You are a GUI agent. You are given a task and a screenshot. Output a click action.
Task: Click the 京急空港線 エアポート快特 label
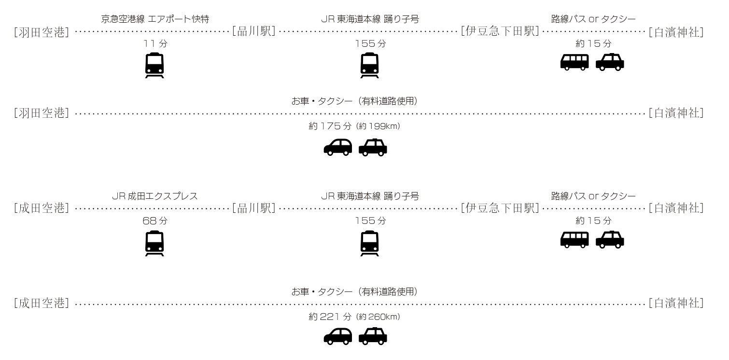point(155,19)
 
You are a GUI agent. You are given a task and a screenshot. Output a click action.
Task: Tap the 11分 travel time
point(155,43)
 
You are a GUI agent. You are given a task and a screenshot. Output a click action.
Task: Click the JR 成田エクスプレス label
point(154,196)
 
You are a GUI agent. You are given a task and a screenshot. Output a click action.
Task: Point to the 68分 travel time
point(155,221)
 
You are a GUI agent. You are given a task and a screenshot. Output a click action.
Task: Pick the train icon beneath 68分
point(154,244)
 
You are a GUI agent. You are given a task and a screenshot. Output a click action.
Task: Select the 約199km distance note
point(378,126)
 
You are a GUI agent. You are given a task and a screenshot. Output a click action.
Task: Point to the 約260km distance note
point(378,317)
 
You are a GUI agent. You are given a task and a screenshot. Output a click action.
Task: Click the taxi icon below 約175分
point(373,148)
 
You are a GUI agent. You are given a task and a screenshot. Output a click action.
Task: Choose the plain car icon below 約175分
point(337,148)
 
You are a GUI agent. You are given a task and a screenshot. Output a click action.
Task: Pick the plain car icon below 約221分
point(337,337)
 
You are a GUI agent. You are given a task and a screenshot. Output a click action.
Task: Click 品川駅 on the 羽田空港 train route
point(253,32)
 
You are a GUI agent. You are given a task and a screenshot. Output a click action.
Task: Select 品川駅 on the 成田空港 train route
point(253,208)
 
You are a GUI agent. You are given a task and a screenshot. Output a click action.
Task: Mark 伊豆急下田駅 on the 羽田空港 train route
point(500,32)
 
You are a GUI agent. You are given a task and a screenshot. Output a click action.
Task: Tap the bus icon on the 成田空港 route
point(575,240)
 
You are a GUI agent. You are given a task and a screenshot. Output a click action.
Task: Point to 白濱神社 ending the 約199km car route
point(676,114)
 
